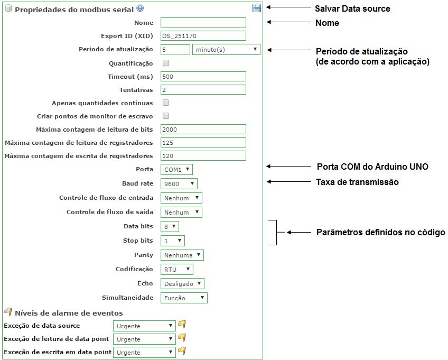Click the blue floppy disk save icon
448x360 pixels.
pyautogui.click(x=257, y=8)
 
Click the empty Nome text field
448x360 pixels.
pyautogui.click(x=203, y=23)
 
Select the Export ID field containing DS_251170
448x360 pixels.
pyautogui.click(x=203, y=36)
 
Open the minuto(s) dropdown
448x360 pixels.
pyautogui.click(x=226, y=50)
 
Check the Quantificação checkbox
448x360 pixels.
pyautogui.click(x=166, y=63)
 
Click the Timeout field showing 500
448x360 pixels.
pyautogui.click(x=203, y=76)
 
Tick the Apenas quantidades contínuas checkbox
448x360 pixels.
pyautogui.click(x=166, y=103)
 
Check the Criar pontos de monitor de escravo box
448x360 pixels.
pyautogui.click(x=166, y=116)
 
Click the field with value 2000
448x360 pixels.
pyautogui.click(x=203, y=129)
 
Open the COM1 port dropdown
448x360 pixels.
pyautogui.click(x=176, y=169)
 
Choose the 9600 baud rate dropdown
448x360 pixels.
pyautogui.click(x=179, y=183)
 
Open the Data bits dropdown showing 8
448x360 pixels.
pyautogui.click(x=170, y=226)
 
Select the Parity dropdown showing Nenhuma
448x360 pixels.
pyautogui.click(x=182, y=255)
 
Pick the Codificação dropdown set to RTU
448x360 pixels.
pyautogui.click(x=177, y=270)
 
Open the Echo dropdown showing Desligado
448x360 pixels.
pyautogui.click(x=182, y=284)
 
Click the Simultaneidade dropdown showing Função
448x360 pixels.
pyautogui.click(x=184, y=298)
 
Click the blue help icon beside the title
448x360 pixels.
pyautogui.click(x=140, y=8)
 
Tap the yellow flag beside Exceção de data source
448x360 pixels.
pyautogui.click(x=182, y=324)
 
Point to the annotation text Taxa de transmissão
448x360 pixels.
pyautogui.click(x=357, y=182)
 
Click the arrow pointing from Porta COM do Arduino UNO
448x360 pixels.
pyautogui.click(x=288, y=166)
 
